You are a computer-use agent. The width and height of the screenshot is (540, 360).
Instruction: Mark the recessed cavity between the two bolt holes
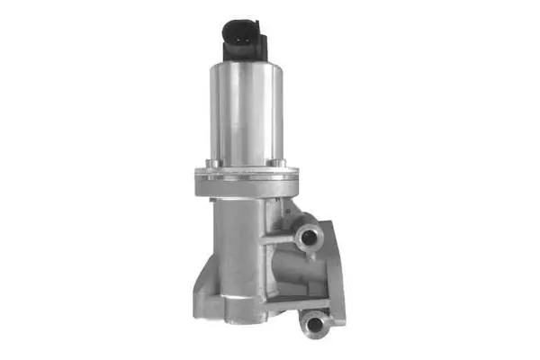301,274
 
